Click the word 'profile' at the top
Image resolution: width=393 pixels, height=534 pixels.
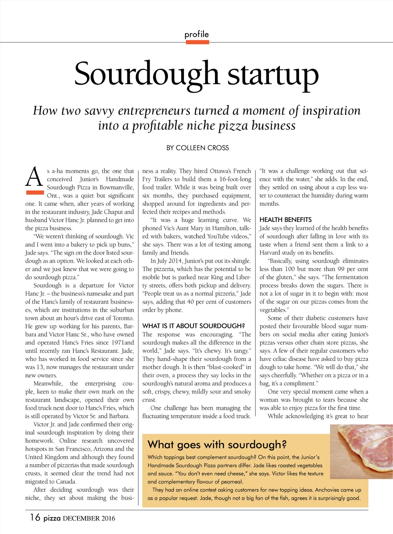click(x=196, y=34)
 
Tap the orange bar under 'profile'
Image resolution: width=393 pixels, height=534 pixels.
click(x=197, y=42)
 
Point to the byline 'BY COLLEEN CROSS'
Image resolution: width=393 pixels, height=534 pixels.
click(x=198, y=148)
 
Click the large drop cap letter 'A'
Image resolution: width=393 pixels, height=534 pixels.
click(x=34, y=177)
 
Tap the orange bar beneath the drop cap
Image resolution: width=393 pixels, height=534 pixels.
click(x=35, y=193)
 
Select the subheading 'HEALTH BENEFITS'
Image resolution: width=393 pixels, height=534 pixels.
click(x=286, y=220)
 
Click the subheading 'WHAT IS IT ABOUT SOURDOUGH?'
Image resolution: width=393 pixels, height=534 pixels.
click(x=193, y=326)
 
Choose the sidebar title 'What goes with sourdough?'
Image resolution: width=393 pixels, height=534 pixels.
click(x=217, y=445)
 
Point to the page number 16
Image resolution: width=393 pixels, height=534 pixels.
click(x=35, y=517)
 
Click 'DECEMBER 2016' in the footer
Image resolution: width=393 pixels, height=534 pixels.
click(x=89, y=518)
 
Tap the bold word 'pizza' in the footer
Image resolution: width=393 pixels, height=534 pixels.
click(x=52, y=518)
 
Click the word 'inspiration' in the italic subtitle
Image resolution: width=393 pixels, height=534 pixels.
click(x=331, y=111)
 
